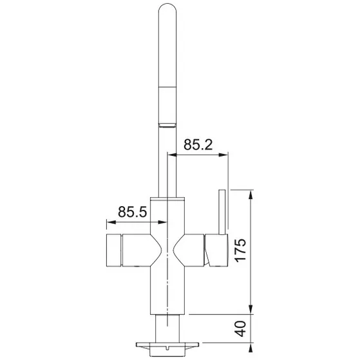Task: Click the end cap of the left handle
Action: (110, 251)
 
